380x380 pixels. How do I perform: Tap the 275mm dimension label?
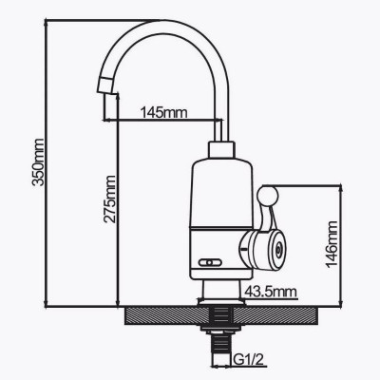pos(110,199)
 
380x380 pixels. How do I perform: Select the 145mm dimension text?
pos(164,112)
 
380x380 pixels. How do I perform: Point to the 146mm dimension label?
pos(332,244)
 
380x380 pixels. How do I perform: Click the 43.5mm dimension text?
pos(271,291)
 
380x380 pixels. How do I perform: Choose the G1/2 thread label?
pos(249,359)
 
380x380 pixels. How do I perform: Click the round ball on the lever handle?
pos(268,196)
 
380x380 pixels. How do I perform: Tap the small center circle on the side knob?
pos(277,250)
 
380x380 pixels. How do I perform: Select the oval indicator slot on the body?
pos(210,262)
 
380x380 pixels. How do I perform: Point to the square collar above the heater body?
pos(221,149)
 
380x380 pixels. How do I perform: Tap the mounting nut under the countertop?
pos(220,330)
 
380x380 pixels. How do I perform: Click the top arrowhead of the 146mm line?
pos(341,188)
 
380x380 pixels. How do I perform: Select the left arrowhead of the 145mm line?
pos(107,120)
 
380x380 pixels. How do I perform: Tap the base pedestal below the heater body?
pos(221,293)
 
